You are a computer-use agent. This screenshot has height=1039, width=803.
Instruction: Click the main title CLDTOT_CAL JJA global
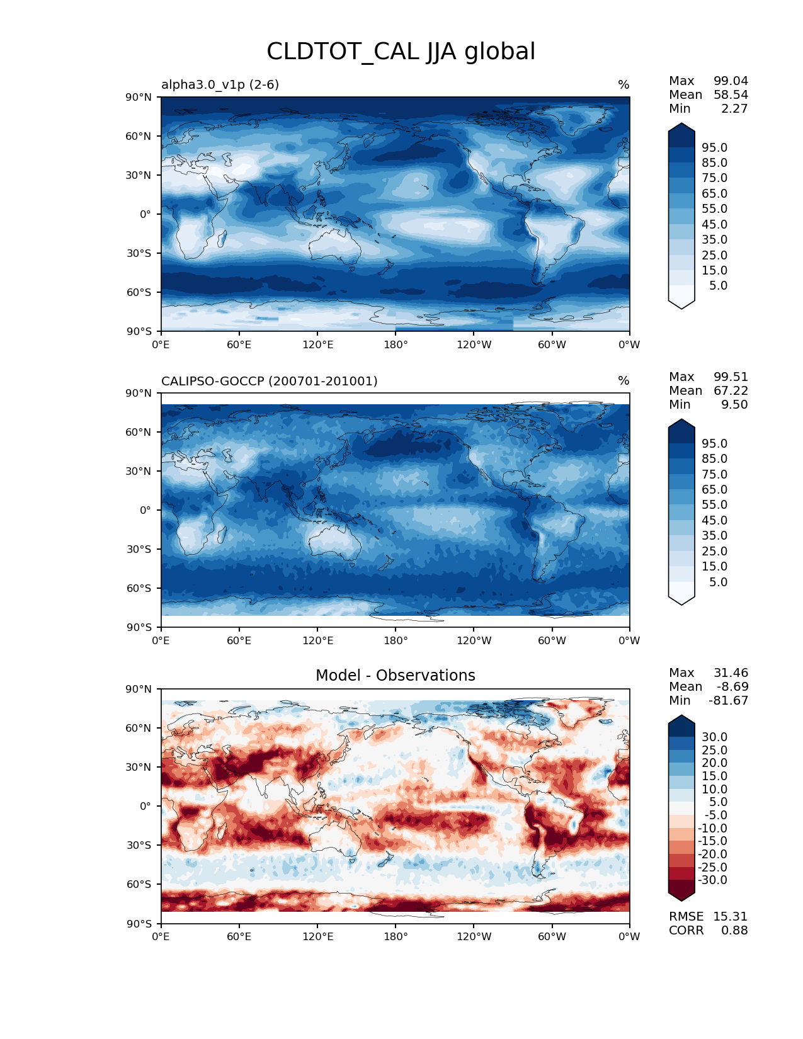(x=401, y=52)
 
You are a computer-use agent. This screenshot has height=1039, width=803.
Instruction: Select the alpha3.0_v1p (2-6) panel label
(x=220, y=84)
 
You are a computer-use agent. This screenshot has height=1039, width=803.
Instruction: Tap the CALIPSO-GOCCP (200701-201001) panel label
(x=269, y=381)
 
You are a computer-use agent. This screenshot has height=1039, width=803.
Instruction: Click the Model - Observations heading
(x=395, y=676)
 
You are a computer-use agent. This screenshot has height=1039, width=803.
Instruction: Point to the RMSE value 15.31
(x=730, y=916)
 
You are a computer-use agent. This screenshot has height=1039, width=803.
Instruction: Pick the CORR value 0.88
(x=734, y=930)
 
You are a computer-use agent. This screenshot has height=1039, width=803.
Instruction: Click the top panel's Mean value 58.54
(x=731, y=94)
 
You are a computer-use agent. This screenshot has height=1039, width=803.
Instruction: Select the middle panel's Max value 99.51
(x=731, y=377)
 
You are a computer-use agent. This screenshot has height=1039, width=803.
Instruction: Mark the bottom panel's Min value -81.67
(x=728, y=700)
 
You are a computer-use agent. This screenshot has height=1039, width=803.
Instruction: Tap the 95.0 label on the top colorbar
(x=714, y=147)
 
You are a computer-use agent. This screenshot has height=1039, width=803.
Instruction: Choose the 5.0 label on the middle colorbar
(x=718, y=582)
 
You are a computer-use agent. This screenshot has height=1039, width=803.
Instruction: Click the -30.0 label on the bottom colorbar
(x=712, y=880)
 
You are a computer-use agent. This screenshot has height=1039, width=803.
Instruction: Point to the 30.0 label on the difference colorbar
(x=714, y=737)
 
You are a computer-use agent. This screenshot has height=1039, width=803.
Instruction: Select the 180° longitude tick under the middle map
(x=396, y=640)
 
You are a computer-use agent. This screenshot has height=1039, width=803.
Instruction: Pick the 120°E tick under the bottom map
(x=317, y=936)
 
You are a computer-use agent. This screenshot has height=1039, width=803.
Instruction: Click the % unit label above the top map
(x=624, y=84)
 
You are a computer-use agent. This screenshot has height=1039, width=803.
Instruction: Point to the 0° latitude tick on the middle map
(x=145, y=510)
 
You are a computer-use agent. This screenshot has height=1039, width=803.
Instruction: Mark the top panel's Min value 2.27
(x=734, y=108)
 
